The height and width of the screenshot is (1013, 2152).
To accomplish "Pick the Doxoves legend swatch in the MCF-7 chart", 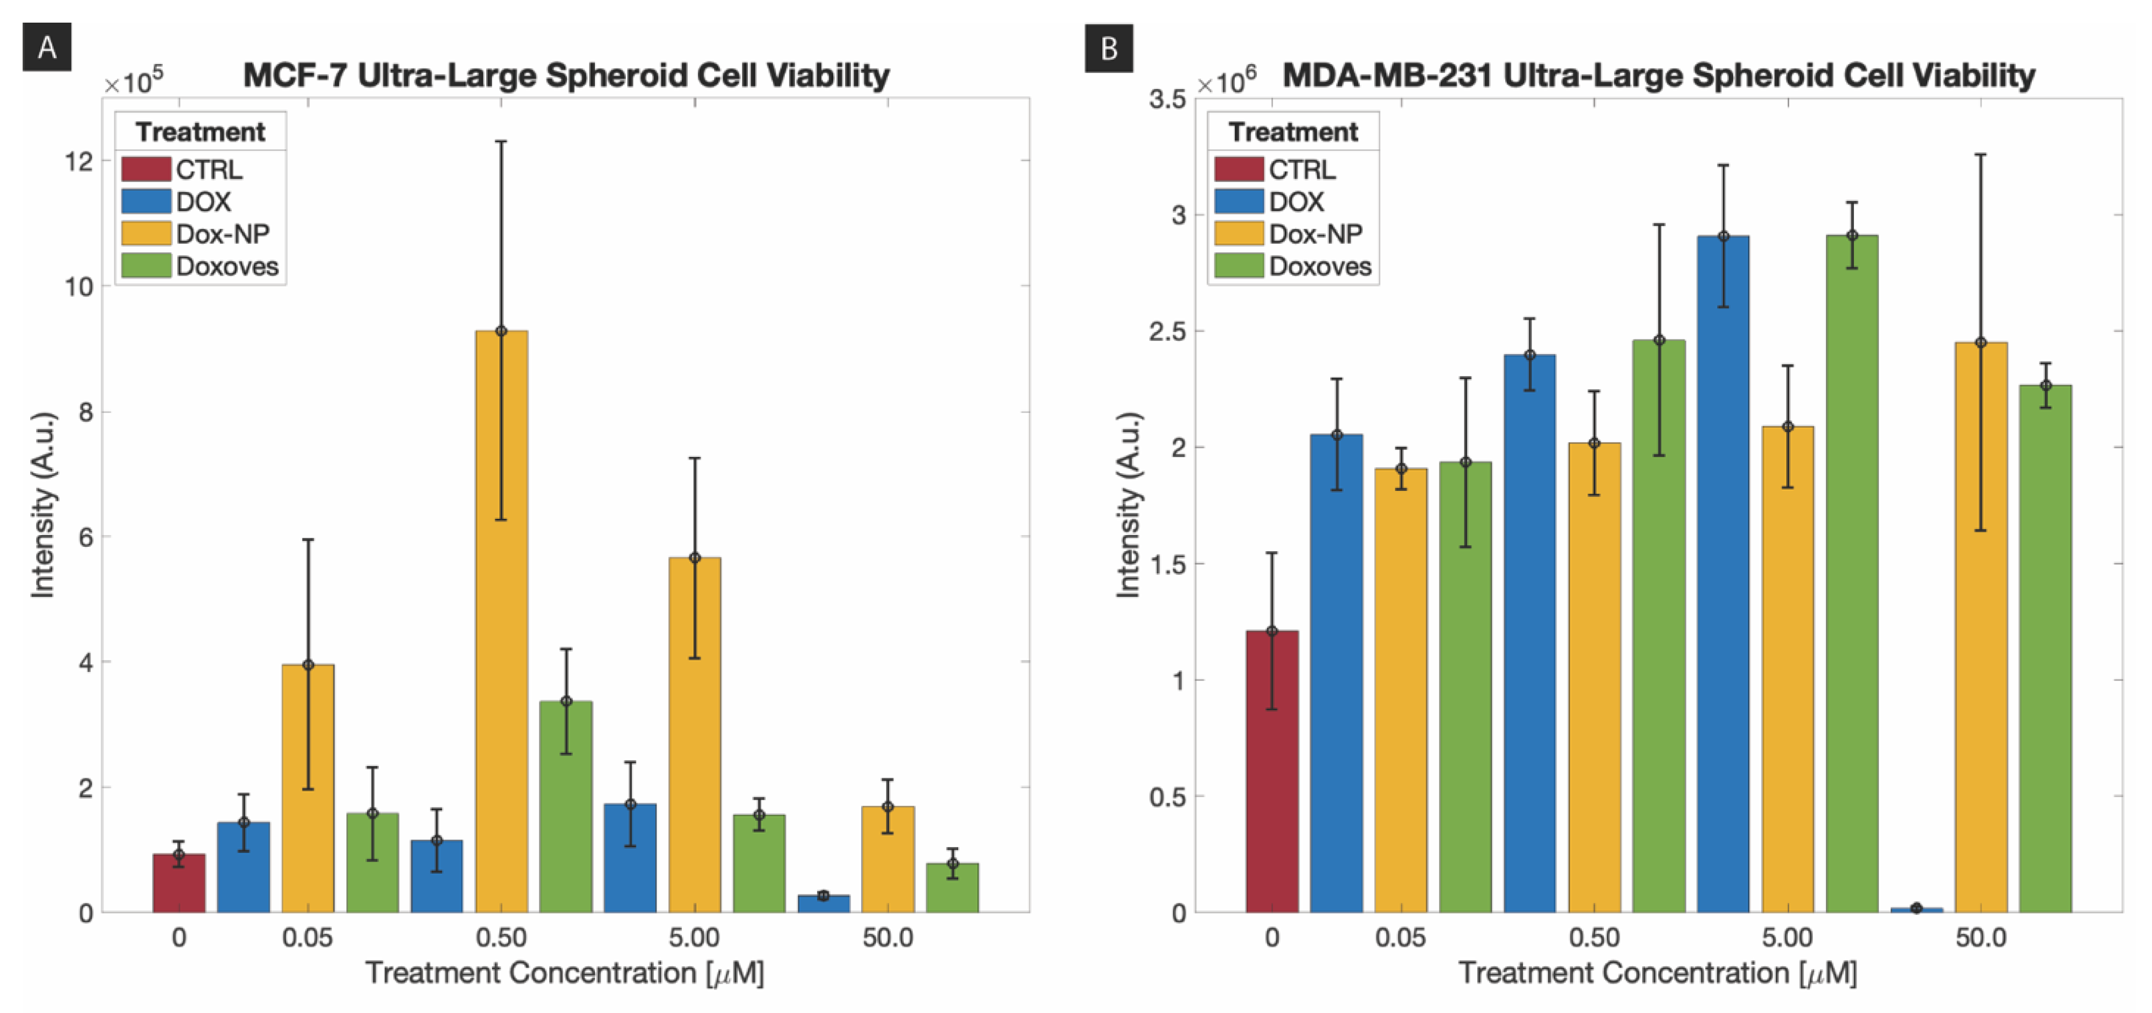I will click(146, 266).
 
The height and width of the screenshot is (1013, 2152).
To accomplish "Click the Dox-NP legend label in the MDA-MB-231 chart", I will click(1316, 234).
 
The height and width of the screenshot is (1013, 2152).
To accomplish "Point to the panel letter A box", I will click(47, 47).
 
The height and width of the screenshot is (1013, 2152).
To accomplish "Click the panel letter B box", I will click(1109, 47).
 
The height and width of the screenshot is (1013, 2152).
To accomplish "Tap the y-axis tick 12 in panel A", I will click(79, 161).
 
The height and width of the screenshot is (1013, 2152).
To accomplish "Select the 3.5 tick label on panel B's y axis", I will click(1167, 99).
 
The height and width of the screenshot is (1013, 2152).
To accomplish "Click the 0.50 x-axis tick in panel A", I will click(501, 938).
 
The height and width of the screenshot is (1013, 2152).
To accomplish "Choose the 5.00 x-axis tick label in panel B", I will click(1787, 938).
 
